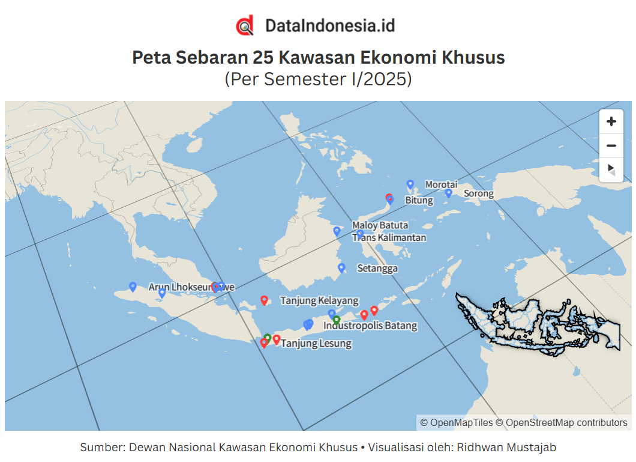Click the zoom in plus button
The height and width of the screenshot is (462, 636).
(611, 121)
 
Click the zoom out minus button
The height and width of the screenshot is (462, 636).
(611, 145)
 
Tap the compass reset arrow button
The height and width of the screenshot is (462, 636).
(611, 169)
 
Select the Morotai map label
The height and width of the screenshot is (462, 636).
(441, 184)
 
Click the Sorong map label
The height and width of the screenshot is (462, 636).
(478, 193)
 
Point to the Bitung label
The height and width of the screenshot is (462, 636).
(419, 200)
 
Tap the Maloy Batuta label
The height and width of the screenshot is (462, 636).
(380, 225)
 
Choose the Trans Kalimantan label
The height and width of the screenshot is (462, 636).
(389, 237)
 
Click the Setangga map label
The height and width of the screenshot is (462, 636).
(377, 268)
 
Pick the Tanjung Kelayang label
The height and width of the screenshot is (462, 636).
(319, 300)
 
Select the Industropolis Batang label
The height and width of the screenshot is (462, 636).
(370, 326)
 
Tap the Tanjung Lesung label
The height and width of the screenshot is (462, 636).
(316, 344)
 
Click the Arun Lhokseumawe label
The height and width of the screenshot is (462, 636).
(191, 287)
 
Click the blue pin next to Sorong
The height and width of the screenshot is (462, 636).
(448, 193)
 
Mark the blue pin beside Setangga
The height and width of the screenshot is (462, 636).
(341, 267)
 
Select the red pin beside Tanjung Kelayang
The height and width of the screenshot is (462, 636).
(264, 300)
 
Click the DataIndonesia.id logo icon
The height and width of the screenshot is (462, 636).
(244, 26)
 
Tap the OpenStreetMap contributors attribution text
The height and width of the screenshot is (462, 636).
(566, 423)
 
